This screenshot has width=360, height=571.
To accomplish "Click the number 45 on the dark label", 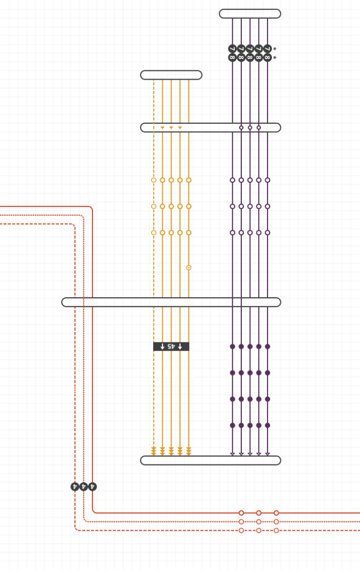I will [x=171, y=346].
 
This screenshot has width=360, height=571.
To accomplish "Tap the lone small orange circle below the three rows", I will [x=188, y=268].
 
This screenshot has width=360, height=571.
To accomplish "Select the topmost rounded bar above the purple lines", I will [x=250, y=13].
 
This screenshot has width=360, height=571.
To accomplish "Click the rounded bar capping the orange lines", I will [x=171, y=75].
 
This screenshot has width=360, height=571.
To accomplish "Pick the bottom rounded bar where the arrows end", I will [x=210, y=460].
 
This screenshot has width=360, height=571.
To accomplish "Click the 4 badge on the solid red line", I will [x=93, y=486].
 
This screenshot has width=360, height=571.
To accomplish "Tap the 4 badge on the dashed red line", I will [x=75, y=486].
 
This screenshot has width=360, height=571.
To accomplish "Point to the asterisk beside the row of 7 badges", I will [x=275, y=49].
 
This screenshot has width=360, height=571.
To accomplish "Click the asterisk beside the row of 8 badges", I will [x=275, y=57].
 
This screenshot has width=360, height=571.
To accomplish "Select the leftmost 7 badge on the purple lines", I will [x=232, y=49].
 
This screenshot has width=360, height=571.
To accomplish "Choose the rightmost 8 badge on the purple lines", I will [x=267, y=57].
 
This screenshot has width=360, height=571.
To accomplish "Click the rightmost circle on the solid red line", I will [x=276, y=513].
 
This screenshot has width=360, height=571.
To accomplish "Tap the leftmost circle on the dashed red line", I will [x=241, y=530].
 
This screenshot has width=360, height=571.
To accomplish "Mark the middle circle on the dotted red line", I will [x=259, y=522].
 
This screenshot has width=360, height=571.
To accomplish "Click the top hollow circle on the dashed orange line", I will [x=154, y=180].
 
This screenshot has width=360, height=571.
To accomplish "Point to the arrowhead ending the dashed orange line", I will [x=154, y=451].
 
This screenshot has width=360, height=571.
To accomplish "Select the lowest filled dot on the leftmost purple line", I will [x=232, y=425].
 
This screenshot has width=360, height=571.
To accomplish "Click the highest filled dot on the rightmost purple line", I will [x=267, y=346].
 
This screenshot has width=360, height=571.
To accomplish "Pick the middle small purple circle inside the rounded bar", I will [x=250, y=128].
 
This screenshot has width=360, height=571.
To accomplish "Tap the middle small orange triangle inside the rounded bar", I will [x=171, y=128].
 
